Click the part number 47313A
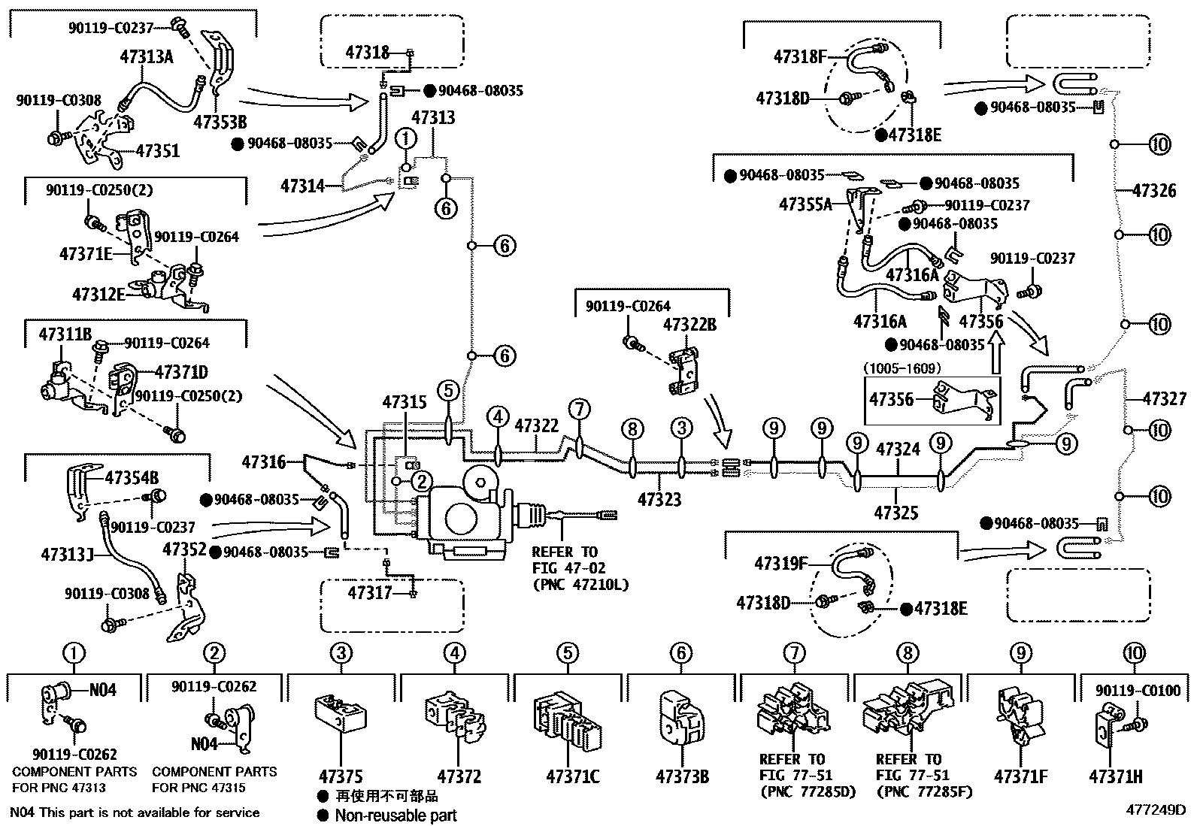(147, 56)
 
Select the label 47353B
(220, 122)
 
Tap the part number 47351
(158, 151)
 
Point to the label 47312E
(98, 293)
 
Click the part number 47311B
(65, 334)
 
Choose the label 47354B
(132, 477)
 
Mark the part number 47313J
(67, 555)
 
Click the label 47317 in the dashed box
(370, 594)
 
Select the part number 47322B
(689, 325)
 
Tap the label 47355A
(805, 204)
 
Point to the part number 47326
(1153, 191)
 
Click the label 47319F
(780, 564)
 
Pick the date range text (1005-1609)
(901, 369)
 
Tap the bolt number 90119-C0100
(1138, 690)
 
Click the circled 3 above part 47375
(341, 653)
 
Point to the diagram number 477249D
(1155, 810)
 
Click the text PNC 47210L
(580, 584)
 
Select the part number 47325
(896, 513)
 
